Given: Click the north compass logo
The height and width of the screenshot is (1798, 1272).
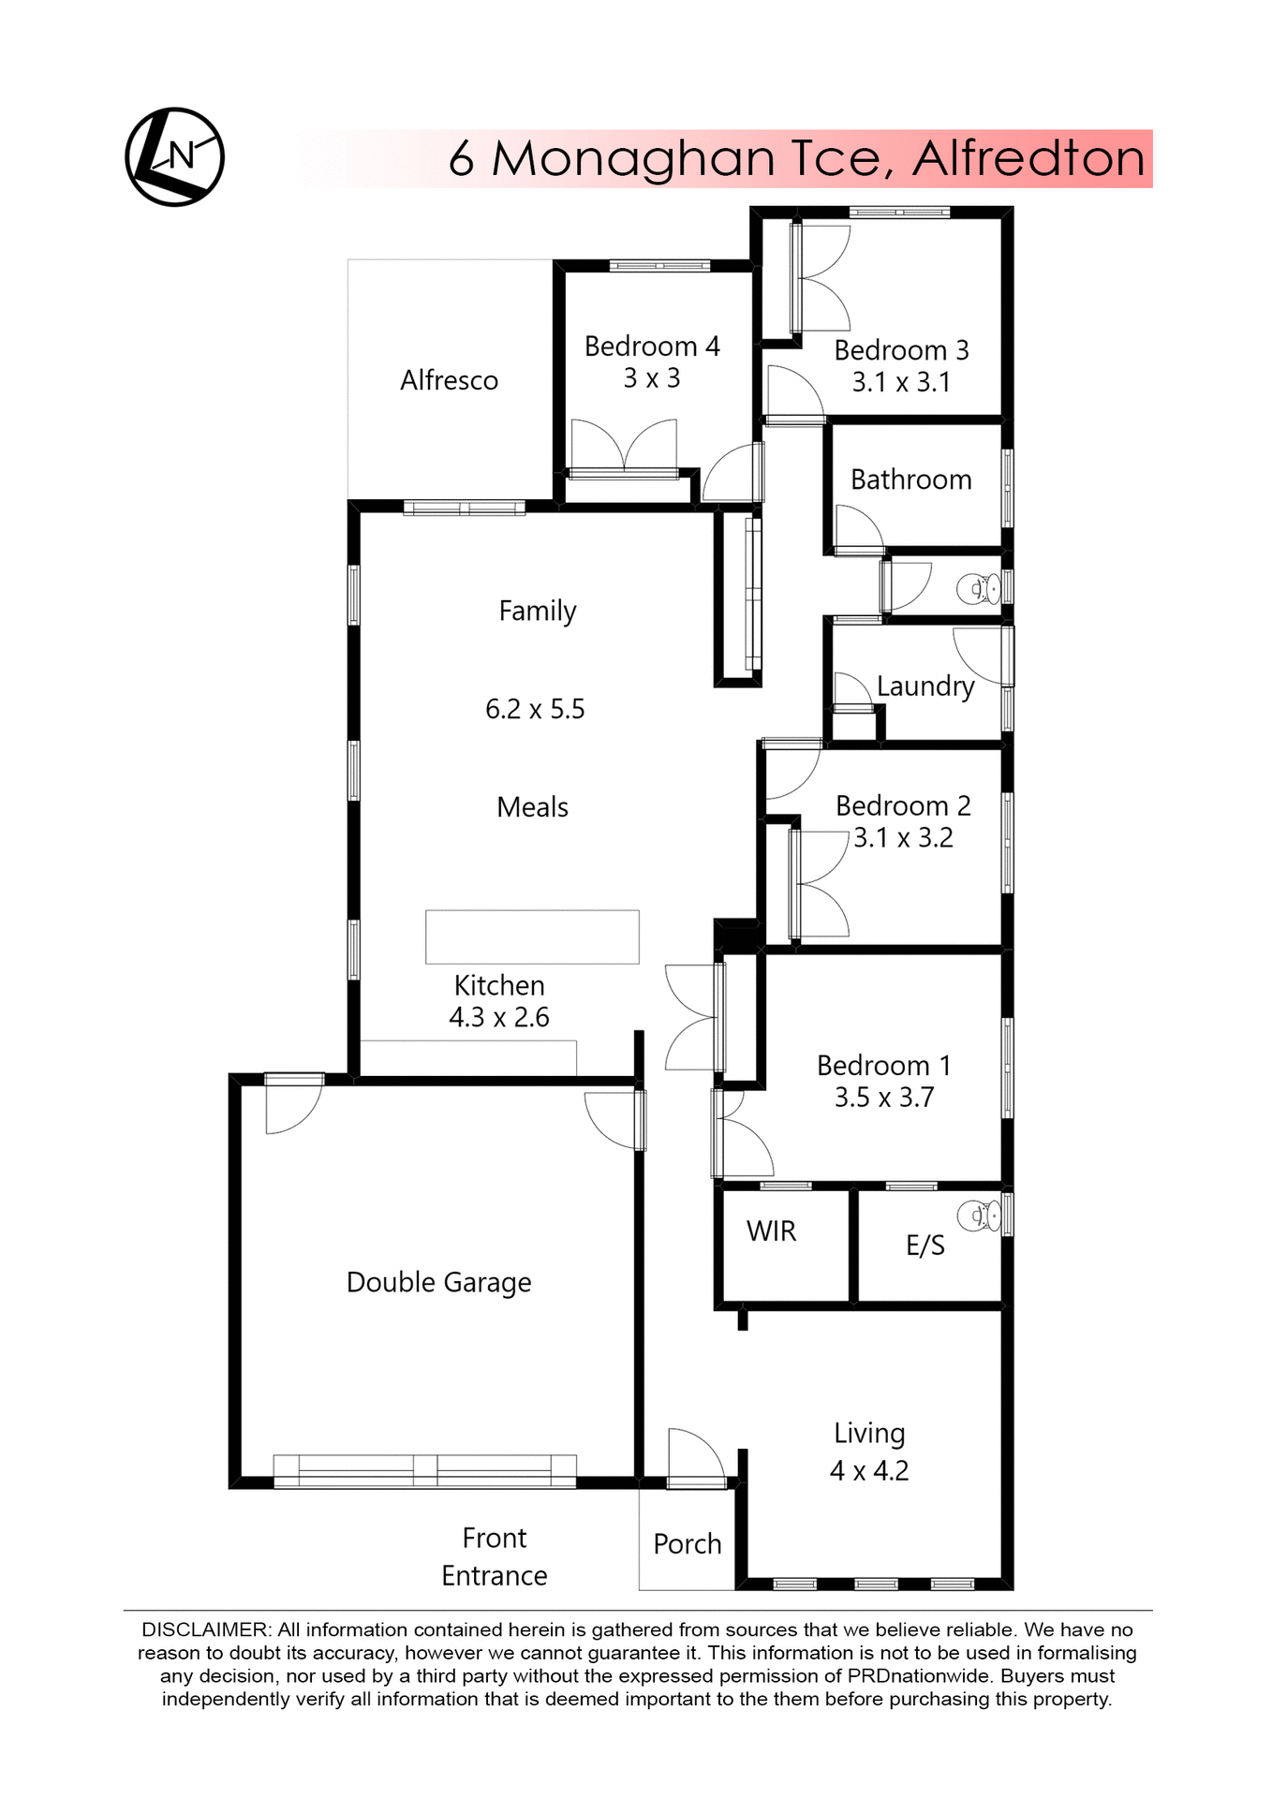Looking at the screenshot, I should (x=175, y=156).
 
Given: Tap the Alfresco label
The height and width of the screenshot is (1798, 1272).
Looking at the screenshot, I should (x=449, y=380).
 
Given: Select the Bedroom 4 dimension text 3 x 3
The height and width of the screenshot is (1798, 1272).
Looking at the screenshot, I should (x=652, y=378).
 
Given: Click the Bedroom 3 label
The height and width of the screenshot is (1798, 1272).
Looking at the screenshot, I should (x=901, y=350).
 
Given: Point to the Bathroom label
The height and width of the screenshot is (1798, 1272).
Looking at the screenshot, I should (x=910, y=479).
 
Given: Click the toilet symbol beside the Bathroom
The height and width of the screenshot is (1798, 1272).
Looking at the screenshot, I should (x=979, y=589).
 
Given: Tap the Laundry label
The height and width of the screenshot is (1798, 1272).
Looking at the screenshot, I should (x=925, y=685).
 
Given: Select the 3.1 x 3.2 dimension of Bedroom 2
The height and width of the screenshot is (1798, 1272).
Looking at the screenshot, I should (x=903, y=837).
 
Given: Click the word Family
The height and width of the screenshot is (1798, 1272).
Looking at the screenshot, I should (x=537, y=611).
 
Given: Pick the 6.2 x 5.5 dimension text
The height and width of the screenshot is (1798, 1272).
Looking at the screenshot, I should (x=535, y=709).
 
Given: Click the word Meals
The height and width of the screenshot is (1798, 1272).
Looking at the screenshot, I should (x=532, y=807).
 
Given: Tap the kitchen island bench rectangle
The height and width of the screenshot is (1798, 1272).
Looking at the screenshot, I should (x=532, y=936).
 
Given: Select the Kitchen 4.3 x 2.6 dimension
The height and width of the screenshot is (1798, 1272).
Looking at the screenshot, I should (x=499, y=1017).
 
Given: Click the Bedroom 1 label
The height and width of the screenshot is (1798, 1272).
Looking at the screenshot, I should (x=883, y=1066).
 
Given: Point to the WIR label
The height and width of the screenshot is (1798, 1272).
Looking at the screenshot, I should (x=771, y=1231).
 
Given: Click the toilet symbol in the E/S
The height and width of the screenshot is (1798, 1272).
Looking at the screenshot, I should (x=979, y=1216).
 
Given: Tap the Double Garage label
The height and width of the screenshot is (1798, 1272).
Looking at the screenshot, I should (x=438, y=1282).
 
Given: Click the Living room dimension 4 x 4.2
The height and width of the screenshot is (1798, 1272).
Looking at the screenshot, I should (x=869, y=1470).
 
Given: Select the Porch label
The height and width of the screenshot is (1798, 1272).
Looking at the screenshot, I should (x=688, y=1544).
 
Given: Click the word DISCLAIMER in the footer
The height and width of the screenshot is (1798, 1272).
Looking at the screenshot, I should (x=205, y=1630).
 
